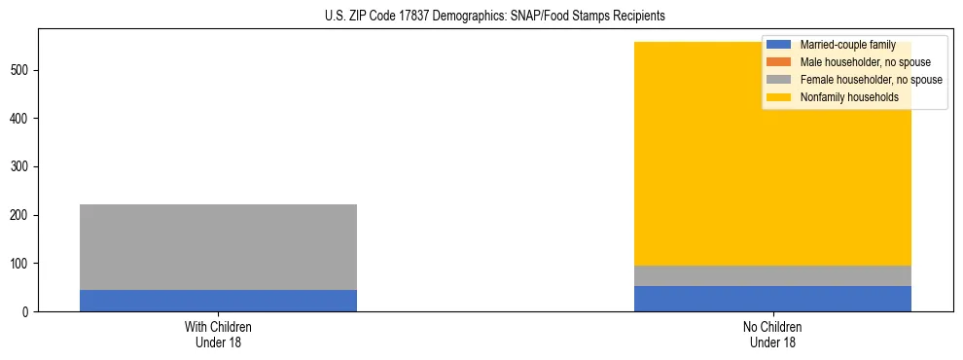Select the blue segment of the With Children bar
[218, 301]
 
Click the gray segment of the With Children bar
[218, 247]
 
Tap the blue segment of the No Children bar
[772, 299]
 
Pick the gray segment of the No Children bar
[772, 275]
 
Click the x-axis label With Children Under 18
[218, 335]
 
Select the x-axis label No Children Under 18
[772, 335]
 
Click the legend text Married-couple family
[848, 45]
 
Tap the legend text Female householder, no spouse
[872, 80]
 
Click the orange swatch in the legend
[779, 62]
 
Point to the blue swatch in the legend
[779, 45]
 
